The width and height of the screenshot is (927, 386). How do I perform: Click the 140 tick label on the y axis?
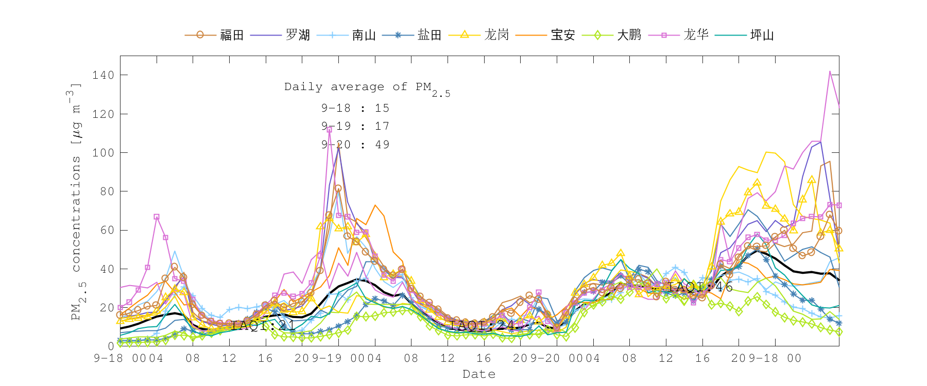[x=103, y=75]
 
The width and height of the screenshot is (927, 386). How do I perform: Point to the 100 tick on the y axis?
[x=103, y=153]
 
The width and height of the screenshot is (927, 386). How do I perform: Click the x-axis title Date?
[x=479, y=374]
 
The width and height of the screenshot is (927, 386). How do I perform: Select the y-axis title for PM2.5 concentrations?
[x=76, y=201]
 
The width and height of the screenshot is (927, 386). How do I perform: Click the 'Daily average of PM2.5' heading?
[x=367, y=87]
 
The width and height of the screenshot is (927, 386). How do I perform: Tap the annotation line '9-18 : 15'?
[x=355, y=108]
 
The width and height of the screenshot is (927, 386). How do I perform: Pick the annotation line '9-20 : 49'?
[x=355, y=145]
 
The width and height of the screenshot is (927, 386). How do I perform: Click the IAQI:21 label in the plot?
[x=263, y=325]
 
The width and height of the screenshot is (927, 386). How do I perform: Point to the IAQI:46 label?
[x=700, y=287]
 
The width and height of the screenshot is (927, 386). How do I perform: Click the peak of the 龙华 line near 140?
[x=830, y=72]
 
